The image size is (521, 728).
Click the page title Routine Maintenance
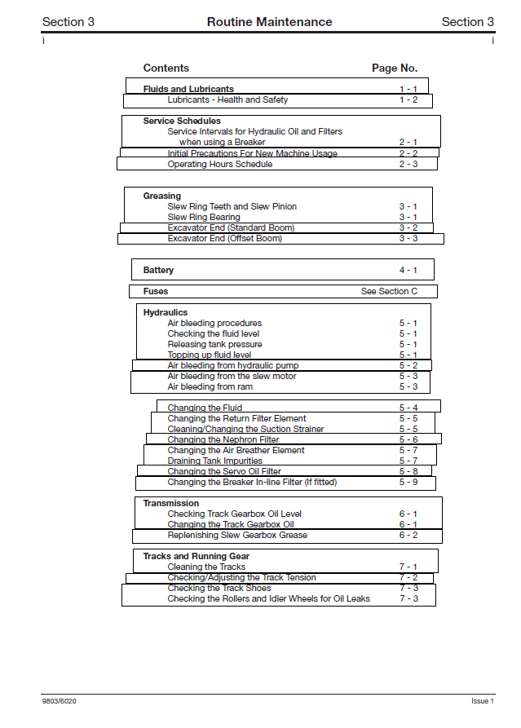coord(269,22)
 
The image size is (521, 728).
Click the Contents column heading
coord(166,68)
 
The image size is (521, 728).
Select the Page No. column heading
coord(395,68)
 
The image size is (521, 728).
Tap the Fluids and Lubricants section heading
coord(188,89)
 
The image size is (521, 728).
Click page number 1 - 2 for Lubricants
coord(408,100)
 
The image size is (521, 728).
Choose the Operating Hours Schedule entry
coord(220,164)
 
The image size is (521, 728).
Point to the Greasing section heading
coord(162,196)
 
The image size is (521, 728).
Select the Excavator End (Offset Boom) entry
coord(225,238)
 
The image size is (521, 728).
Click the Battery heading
coord(158,270)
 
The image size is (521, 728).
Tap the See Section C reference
coord(389,291)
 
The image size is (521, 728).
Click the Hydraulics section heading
coord(166,312)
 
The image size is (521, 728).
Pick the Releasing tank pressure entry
coord(214,344)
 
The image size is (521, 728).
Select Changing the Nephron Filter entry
coord(223,439)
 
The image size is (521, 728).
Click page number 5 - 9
coord(408,482)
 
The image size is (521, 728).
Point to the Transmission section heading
coord(171,503)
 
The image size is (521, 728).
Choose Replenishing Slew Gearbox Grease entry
coord(237,535)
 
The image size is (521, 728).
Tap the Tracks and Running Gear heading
coord(196,556)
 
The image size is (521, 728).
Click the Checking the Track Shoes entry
coord(219,588)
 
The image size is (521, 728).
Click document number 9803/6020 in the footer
coord(60,701)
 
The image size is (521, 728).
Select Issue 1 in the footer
coord(482,701)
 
